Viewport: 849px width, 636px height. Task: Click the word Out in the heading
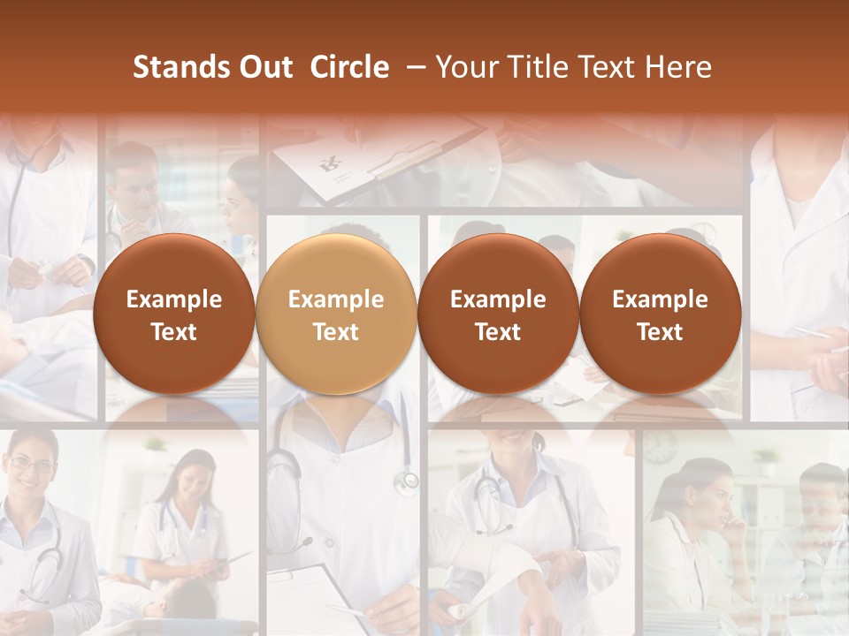point(264,67)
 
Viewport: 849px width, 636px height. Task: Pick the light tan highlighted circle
point(336,314)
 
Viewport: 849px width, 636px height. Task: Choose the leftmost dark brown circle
point(173,314)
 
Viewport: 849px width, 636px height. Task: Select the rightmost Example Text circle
point(660,314)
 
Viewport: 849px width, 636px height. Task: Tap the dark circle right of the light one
point(498,314)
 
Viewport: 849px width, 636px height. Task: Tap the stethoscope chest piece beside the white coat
point(407,481)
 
